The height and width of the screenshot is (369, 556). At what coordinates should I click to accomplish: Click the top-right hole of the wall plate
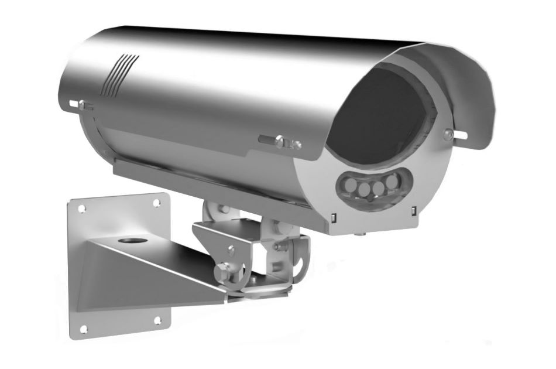click(157, 203)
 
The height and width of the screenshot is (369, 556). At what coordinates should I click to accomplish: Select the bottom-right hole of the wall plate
click(157, 320)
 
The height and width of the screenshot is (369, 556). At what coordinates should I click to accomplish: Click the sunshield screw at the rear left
click(84, 105)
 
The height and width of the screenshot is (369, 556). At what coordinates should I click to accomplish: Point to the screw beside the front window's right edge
click(447, 134)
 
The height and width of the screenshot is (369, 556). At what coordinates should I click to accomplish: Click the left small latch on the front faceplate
click(332, 218)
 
